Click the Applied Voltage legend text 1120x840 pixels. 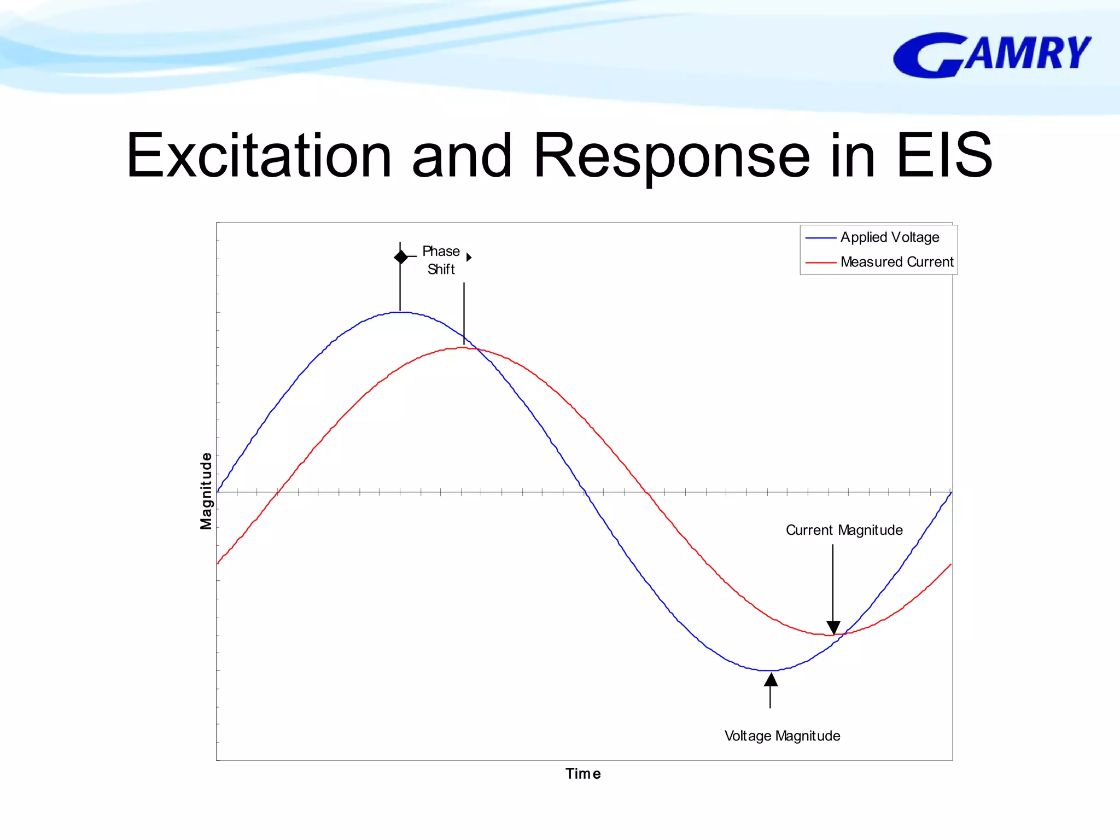890,237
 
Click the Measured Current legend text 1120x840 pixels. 897,262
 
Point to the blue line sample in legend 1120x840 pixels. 820,238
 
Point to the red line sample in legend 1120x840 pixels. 820,262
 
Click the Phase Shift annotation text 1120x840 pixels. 441,260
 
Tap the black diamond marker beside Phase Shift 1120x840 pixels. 401,256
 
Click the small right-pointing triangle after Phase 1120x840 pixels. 469,257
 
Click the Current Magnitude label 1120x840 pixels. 844,530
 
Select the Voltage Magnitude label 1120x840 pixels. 782,736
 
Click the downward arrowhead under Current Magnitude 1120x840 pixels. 833,627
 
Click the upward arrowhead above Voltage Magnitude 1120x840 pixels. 771,680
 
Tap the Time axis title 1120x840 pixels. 583,774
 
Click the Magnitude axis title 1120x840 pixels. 206,491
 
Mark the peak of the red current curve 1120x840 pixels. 463,348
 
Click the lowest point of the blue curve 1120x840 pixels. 770,670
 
